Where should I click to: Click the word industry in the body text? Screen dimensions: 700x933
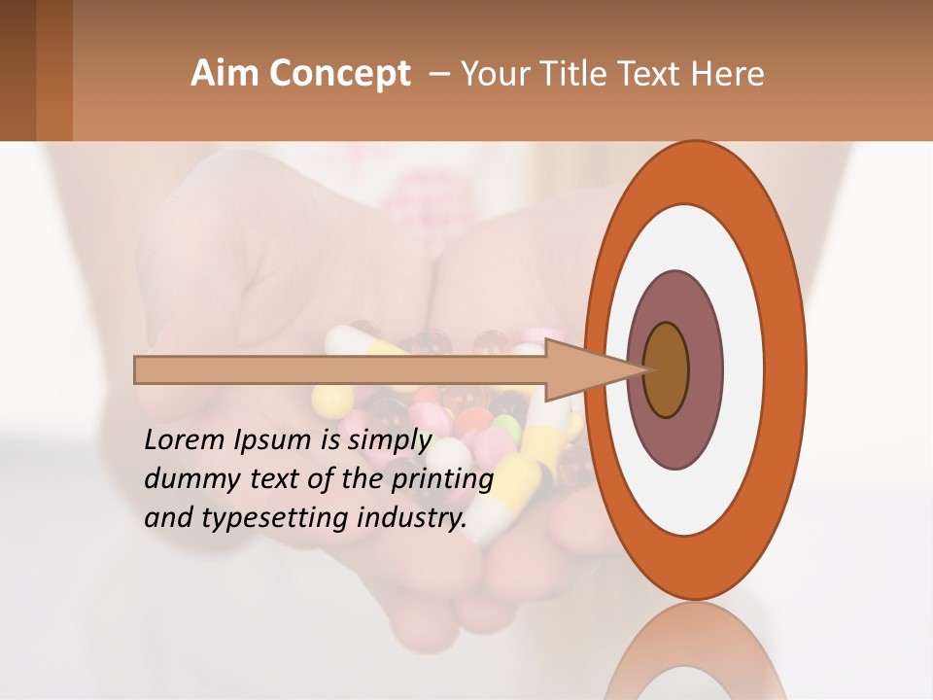(x=413, y=518)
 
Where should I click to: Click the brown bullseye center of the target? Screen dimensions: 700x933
(x=667, y=370)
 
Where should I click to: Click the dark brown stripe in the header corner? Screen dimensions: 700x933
(x=17, y=70)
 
